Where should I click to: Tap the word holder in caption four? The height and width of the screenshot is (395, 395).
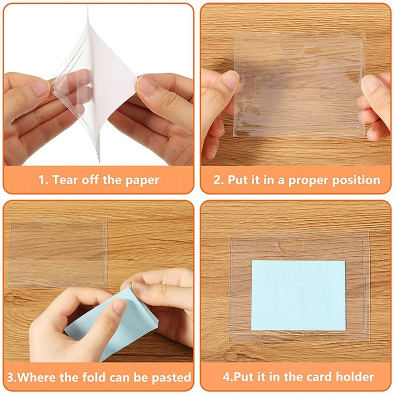click(353, 377)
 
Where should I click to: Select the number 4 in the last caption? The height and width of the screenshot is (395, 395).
click(226, 377)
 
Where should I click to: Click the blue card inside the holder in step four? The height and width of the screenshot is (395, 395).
click(298, 294)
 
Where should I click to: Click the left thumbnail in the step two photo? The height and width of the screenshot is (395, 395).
click(230, 79)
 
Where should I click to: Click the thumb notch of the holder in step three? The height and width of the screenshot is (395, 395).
click(50, 228)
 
